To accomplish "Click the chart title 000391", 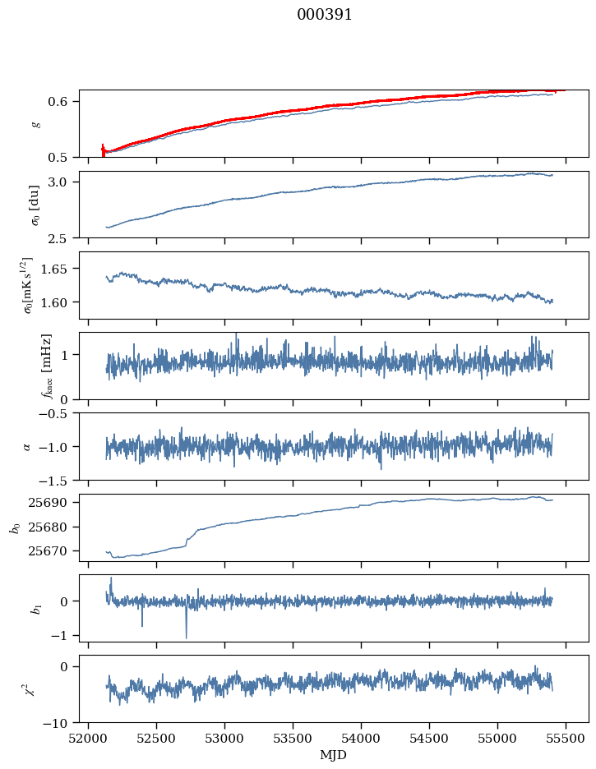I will tap(325, 15).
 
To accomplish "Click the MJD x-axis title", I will tap(334, 755).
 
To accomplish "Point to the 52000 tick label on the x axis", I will tap(89, 739).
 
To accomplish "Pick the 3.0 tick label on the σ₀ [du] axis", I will tap(65, 182).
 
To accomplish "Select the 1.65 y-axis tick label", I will tap(62, 269).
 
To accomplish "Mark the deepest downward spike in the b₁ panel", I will tap(186, 638).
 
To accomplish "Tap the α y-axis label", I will tap(27, 446).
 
